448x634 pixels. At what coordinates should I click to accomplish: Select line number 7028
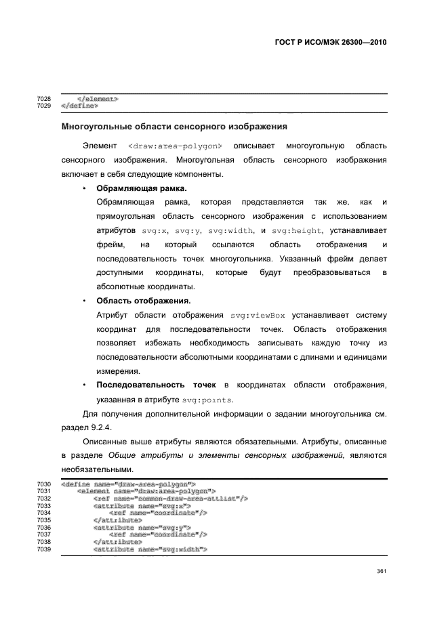(x=44, y=99)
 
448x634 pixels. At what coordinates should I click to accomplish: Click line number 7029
(x=44, y=106)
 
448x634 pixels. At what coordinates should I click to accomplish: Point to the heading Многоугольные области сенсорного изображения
(x=174, y=126)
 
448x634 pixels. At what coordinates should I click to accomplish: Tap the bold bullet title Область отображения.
(x=143, y=300)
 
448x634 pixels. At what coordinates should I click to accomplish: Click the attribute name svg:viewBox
(x=258, y=315)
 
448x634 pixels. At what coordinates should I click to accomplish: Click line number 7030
(x=44, y=484)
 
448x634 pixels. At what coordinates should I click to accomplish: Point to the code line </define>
(x=79, y=106)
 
